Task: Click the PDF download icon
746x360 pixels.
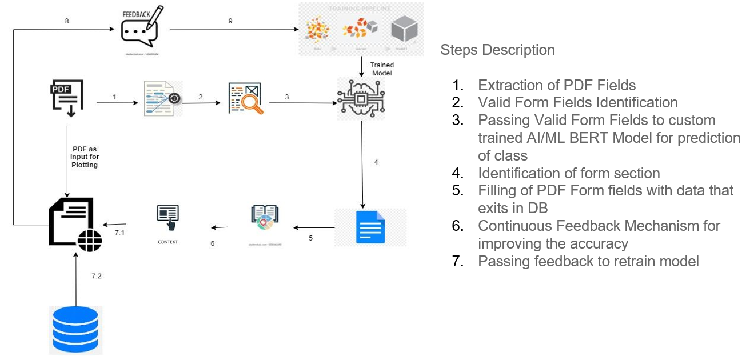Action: point(67,98)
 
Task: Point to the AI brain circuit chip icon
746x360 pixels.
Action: point(361,99)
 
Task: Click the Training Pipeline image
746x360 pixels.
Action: point(361,29)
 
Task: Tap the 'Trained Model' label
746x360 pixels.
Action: point(381,69)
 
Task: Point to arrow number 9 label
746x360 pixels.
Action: point(230,21)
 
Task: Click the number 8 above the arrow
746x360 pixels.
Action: point(67,21)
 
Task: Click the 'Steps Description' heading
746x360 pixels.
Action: point(497,50)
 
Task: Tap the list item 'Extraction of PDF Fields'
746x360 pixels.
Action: point(556,86)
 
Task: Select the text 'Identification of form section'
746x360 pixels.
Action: point(569,173)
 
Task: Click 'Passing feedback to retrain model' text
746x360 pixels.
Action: point(588,262)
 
